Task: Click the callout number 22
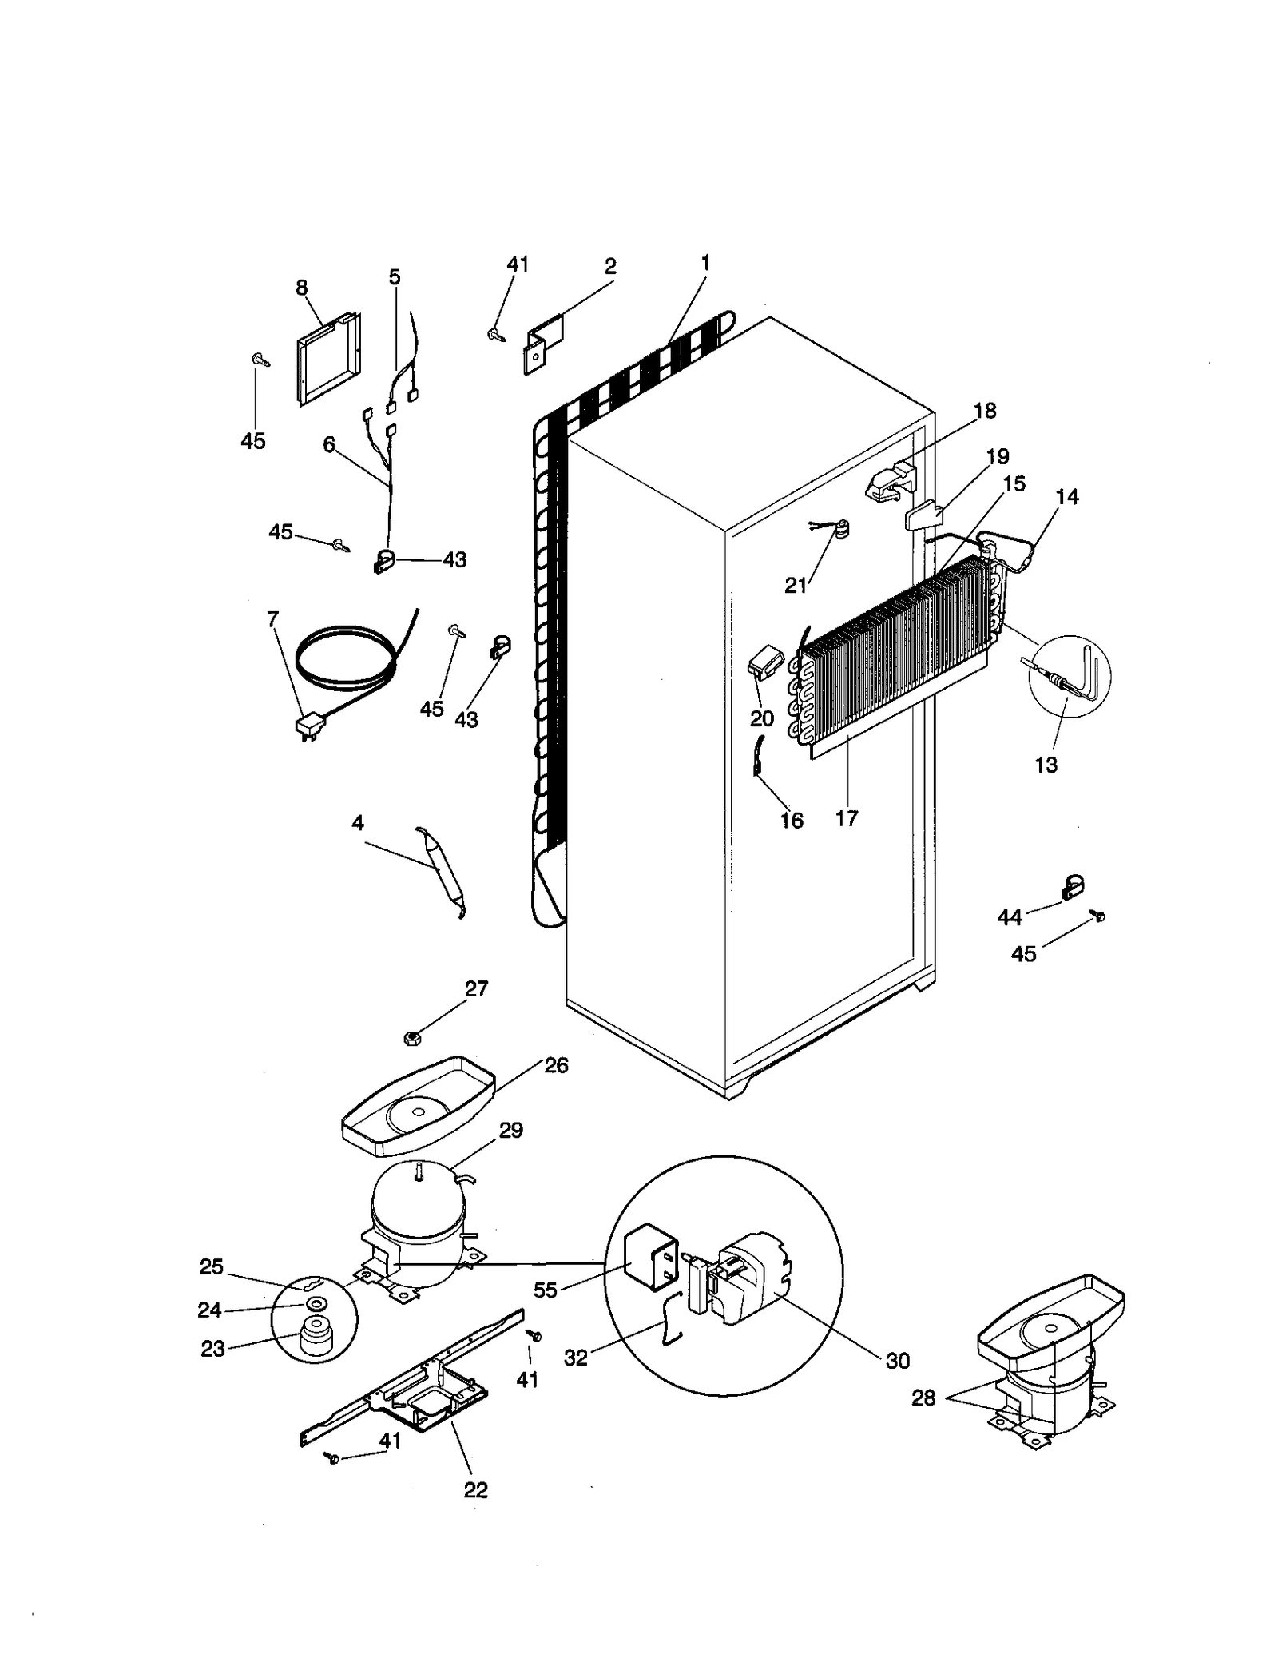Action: (x=475, y=1489)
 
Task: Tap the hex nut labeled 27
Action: (x=411, y=1038)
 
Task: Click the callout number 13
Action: (x=1046, y=765)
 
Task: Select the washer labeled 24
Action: (x=316, y=1304)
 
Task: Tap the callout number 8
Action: (x=302, y=288)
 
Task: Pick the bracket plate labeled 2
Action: (x=543, y=344)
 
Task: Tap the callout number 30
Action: (x=898, y=1361)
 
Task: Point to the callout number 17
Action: (x=847, y=817)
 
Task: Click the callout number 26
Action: (x=556, y=1065)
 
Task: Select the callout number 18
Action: (x=985, y=411)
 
